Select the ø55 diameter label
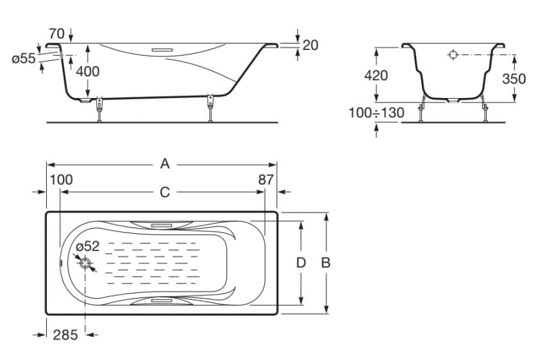pos(24,58)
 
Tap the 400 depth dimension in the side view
pos(88,71)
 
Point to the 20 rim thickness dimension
pos(310,45)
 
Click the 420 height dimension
pos(376,75)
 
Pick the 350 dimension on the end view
pos(514,78)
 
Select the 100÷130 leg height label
pos(376,113)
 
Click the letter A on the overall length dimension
pos(165,164)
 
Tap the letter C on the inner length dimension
pos(165,192)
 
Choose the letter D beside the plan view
pos(301,263)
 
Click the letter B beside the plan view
pos(326,263)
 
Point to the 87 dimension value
pos(266,180)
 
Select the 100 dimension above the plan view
pos(62,180)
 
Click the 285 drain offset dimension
pos(65,334)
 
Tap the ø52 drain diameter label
pos(87,247)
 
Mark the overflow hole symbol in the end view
pos(453,55)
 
